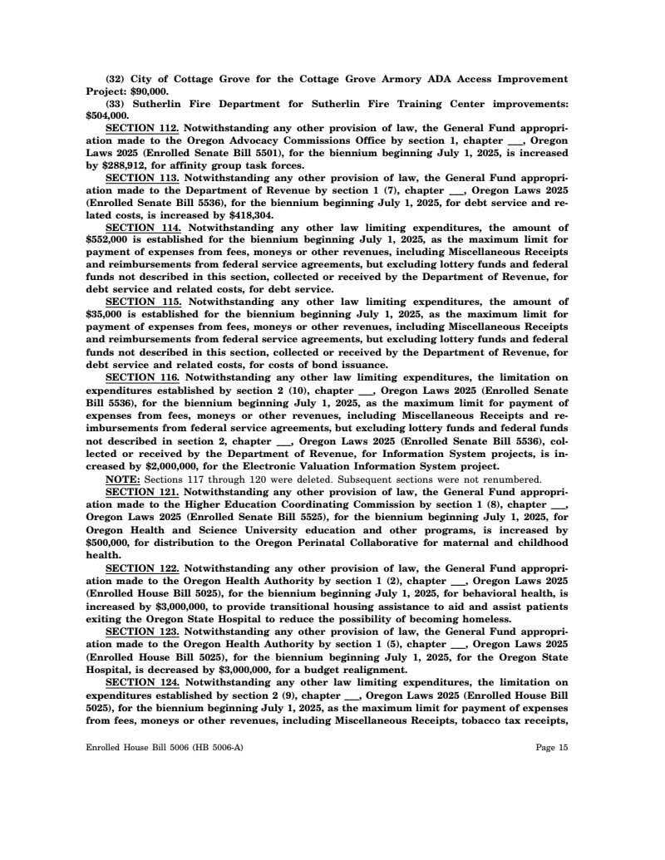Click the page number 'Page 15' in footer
[x=552, y=748]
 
